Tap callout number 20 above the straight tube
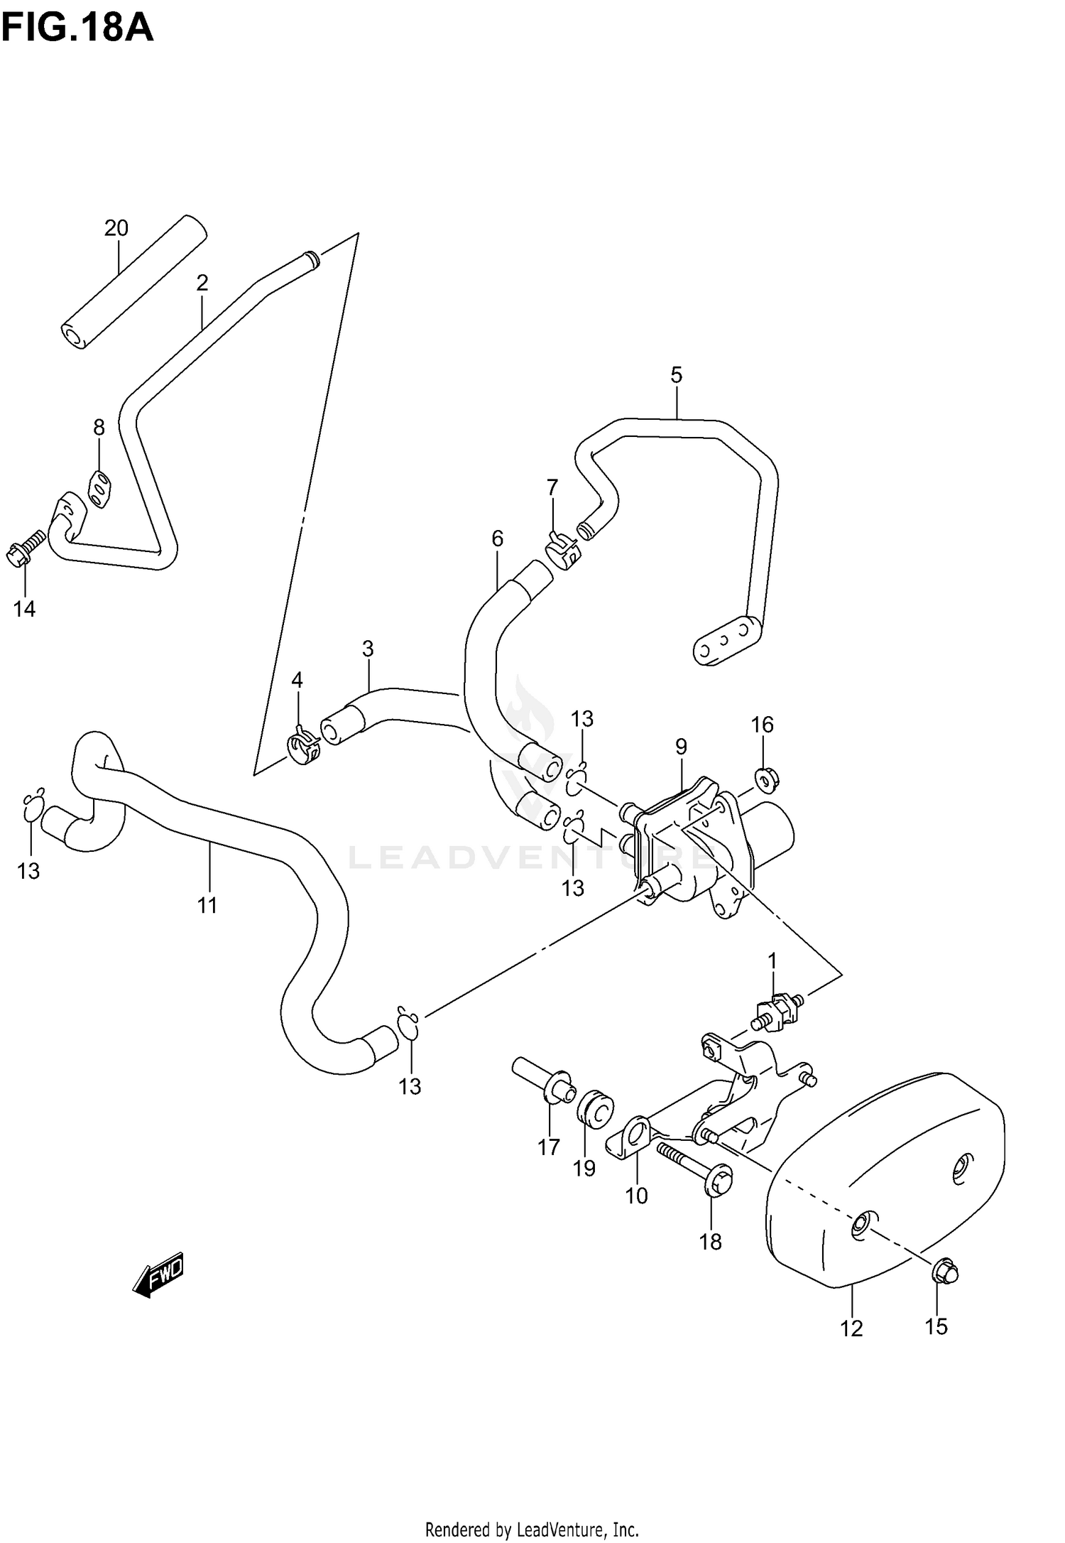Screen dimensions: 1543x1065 116,228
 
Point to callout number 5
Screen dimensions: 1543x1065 676,374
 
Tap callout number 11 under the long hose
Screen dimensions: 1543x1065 207,905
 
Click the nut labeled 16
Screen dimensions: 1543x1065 765,781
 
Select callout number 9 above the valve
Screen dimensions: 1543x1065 681,747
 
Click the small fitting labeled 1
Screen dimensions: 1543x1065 778,1012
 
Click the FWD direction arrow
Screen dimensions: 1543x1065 159,1274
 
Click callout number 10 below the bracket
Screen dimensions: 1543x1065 636,1196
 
